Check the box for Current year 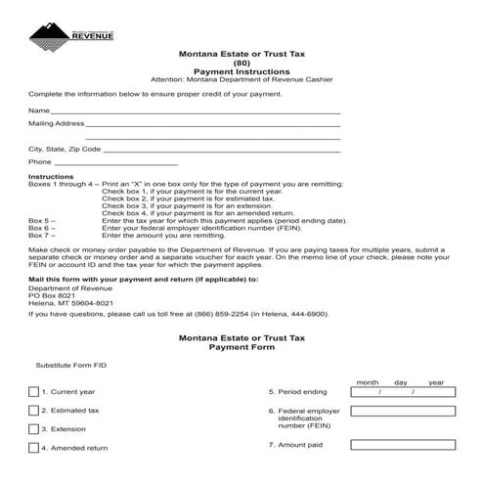pyautogui.click(x=34, y=392)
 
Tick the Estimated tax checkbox pyautogui.click(x=34, y=411)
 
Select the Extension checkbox pyautogui.click(x=34, y=429)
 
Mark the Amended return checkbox pyautogui.click(x=34, y=448)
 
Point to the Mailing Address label pyautogui.click(x=56, y=125)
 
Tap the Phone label pyautogui.click(x=40, y=162)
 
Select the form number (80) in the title pyautogui.click(x=242, y=63)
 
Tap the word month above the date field pyautogui.click(x=368, y=381)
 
